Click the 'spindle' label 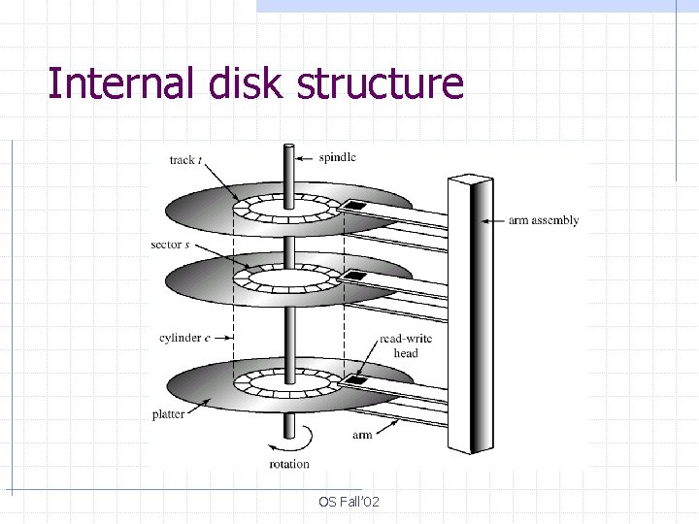(337, 157)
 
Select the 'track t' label (185, 160)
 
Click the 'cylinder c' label (182, 338)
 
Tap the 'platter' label (169, 414)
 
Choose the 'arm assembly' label (544, 220)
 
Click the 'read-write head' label (406, 345)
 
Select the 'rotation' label (289, 464)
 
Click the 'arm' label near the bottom (362, 435)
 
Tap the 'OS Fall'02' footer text (349, 501)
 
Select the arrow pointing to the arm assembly (493, 220)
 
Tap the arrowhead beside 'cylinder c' (229, 338)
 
